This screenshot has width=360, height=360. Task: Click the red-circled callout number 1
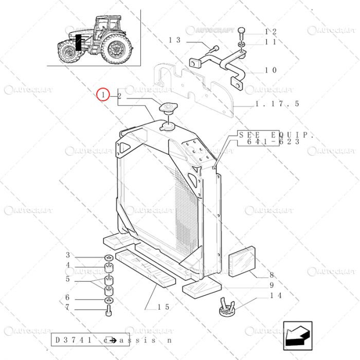coord(104,95)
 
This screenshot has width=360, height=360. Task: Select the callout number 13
coord(175,40)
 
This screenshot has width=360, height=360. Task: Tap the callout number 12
coord(271,32)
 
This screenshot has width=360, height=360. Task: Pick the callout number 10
coord(271,70)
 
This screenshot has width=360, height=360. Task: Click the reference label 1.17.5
coord(277,104)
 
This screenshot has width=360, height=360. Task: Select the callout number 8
coord(272,275)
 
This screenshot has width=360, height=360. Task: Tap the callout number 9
coord(272,285)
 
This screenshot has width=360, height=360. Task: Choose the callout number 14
coord(276,296)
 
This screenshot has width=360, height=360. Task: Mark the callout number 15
coord(164,307)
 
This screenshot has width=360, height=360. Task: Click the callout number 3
coord(67,256)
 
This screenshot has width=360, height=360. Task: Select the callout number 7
coord(67,308)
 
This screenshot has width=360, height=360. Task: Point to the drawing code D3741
coord(73,340)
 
